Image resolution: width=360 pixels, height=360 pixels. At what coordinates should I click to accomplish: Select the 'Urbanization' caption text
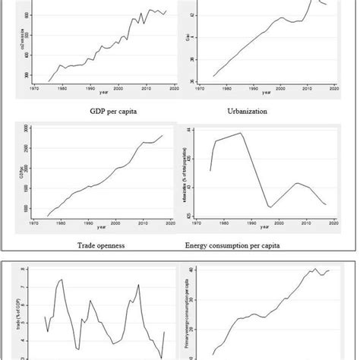coord(251,112)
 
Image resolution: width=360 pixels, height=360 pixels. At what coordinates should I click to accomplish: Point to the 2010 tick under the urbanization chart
coord(302,223)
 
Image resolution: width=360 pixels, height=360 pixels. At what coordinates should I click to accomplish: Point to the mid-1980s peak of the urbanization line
coord(241,133)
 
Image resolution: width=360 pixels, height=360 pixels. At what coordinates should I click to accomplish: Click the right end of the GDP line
coord(163,136)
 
